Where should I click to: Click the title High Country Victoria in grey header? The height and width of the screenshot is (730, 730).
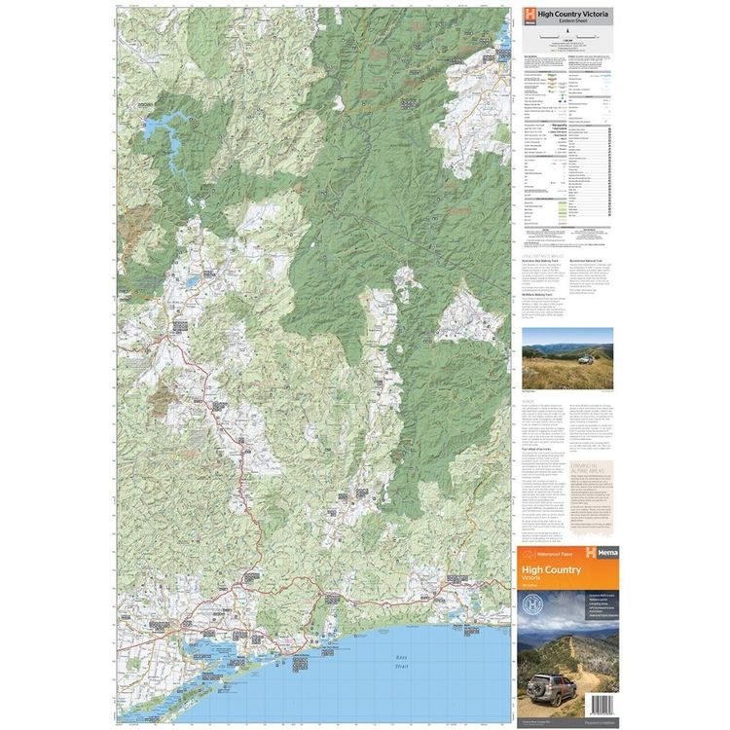coord(570,11)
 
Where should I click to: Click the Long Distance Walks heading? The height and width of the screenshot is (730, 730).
coord(544,254)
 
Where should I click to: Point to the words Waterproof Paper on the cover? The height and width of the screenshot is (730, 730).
coord(553,553)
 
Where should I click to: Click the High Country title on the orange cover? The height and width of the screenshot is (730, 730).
coord(551,569)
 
